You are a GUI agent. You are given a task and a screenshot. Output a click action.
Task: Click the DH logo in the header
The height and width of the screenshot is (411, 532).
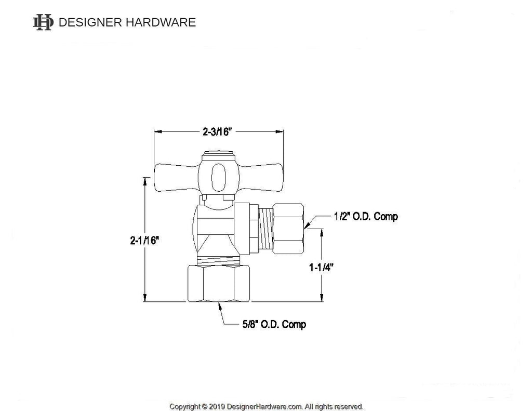43,22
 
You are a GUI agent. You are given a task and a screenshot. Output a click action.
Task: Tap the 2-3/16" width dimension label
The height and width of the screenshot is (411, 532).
217,131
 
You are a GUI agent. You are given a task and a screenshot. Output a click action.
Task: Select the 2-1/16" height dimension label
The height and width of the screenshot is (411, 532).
144,240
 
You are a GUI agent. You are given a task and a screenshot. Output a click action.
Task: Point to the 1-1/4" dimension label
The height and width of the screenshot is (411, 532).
321,268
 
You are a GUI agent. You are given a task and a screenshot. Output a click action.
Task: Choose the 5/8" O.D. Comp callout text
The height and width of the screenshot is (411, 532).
274,324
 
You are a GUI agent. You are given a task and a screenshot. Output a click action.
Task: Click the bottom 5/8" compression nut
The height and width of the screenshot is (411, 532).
218,283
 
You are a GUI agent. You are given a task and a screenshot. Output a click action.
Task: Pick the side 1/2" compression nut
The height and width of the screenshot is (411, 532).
288,228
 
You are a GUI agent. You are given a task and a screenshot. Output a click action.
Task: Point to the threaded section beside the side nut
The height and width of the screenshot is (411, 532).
265,229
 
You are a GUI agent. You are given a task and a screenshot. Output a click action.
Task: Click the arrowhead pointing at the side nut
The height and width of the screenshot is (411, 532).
308,225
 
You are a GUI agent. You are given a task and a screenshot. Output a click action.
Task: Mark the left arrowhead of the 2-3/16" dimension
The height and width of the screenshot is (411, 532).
157,131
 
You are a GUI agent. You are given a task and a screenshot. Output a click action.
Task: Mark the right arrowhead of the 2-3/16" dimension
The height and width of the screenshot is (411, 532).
281,131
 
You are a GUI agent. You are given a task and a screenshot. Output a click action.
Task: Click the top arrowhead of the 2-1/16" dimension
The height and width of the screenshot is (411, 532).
145,181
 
